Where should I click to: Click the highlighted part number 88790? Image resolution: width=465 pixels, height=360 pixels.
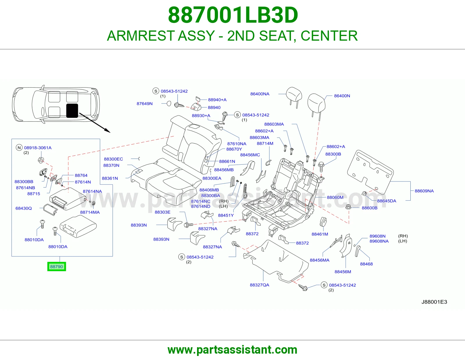[x=56, y=267]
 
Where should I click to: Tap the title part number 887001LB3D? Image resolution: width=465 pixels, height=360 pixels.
[x=233, y=15]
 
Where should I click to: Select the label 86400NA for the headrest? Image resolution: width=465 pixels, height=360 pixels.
[x=260, y=94]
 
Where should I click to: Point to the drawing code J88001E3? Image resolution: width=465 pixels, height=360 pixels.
[x=434, y=302]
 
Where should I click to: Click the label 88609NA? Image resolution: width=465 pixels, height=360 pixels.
[x=424, y=191]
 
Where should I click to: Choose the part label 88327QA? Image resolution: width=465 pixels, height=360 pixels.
[x=260, y=285]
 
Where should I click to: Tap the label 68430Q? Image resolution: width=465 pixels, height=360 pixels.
[x=24, y=208]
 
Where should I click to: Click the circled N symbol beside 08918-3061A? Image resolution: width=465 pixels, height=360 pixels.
[x=19, y=147]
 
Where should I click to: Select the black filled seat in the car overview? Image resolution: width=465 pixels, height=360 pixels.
[x=72, y=111]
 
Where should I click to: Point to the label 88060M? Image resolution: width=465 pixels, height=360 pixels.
[x=335, y=197]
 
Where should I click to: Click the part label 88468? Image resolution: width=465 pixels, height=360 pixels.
[x=366, y=264]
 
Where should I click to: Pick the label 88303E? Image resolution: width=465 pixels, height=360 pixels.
[x=163, y=212]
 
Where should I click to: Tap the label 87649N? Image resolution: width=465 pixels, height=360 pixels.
[x=145, y=104]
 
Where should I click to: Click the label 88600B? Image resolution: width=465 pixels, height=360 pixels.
[x=370, y=208]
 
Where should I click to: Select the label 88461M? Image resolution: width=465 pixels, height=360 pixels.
[x=320, y=234]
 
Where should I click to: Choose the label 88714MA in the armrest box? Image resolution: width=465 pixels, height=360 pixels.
[x=90, y=212]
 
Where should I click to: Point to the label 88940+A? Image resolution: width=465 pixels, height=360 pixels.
[x=217, y=100]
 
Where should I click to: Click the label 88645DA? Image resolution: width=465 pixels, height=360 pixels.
[x=387, y=201]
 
